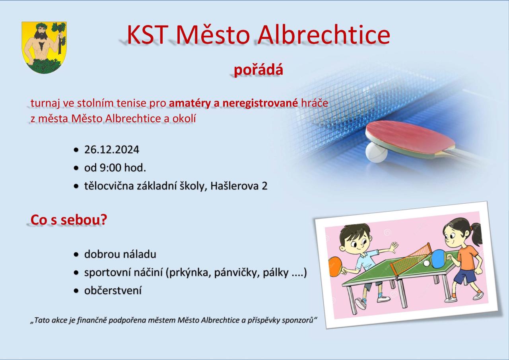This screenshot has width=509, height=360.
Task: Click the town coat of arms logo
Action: click(x=44, y=47)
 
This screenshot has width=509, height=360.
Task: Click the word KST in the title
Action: click(x=148, y=35)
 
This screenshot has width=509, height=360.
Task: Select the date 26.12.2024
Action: click(x=112, y=150)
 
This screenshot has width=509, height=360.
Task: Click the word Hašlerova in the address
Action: click(x=235, y=186)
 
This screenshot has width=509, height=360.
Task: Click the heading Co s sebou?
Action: click(x=69, y=220)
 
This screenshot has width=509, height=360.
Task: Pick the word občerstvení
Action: click(x=113, y=291)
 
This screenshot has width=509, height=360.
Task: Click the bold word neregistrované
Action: click(x=260, y=103)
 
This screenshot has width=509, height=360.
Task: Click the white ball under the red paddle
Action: click(x=376, y=153)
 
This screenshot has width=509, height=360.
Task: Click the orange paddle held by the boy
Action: click(x=336, y=267)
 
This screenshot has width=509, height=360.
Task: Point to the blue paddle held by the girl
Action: click(x=438, y=259)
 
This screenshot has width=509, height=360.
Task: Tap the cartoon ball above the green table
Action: click(x=427, y=263)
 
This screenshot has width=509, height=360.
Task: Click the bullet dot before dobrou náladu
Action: click(x=76, y=255)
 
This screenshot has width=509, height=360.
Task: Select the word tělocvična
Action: click(x=109, y=186)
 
